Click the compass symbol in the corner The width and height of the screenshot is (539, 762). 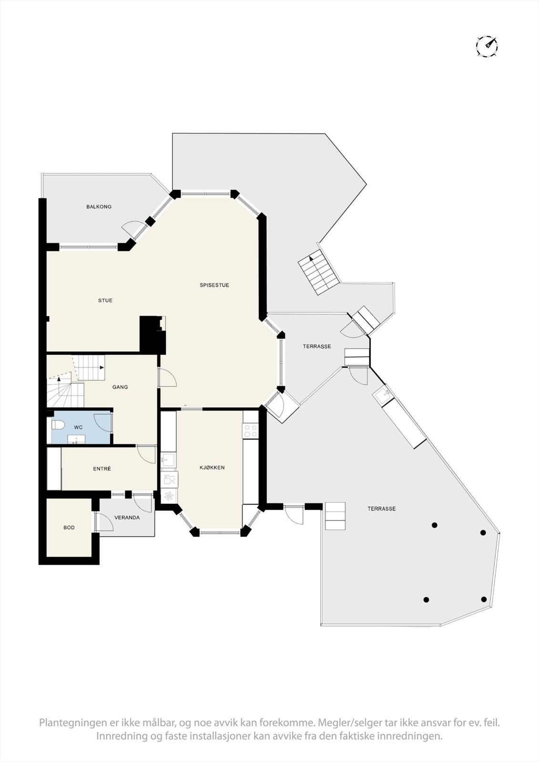(x=487, y=46)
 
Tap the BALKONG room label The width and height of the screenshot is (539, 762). (x=99, y=207)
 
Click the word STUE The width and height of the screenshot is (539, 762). (x=105, y=301)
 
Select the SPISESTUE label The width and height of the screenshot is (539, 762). (x=214, y=285)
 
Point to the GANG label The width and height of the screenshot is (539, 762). (x=120, y=387)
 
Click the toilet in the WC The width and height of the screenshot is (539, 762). (x=57, y=424)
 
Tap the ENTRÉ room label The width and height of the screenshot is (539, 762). (x=102, y=469)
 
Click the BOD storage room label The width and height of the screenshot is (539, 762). (x=69, y=528)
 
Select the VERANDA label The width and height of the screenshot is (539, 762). (x=127, y=517)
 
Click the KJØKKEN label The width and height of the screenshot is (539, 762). (x=212, y=468)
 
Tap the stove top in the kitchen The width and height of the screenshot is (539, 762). (x=250, y=431)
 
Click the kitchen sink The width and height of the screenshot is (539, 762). (x=168, y=460)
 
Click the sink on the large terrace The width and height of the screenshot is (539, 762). (x=381, y=395)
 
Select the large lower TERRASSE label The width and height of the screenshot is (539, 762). (x=381, y=509)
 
